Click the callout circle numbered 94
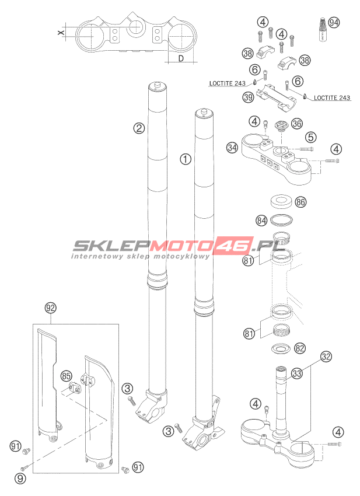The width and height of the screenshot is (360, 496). [333, 22]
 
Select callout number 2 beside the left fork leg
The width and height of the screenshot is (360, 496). [139, 128]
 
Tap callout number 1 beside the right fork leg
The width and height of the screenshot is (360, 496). [186, 159]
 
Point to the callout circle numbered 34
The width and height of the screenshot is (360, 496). [232, 148]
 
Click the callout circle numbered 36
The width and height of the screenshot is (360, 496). [297, 123]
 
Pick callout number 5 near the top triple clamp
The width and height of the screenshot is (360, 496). [311, 137]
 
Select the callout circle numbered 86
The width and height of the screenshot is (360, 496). [300, 202]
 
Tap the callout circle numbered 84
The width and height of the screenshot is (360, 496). [261, 221]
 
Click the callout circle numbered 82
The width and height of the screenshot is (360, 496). [299, 348]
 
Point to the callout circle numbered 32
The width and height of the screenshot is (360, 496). [326, 357]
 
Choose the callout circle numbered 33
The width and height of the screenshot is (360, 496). [297, 373]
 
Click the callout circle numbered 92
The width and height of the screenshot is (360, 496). [51, 308]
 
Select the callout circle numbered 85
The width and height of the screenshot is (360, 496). [66, 376]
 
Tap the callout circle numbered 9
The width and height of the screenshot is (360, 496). [20, 478]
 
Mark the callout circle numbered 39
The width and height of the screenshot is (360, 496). [249, 97]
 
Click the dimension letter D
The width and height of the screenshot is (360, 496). [181, 58]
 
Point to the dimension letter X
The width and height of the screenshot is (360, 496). [62, 32]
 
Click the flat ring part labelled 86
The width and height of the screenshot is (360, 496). [281, 201]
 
